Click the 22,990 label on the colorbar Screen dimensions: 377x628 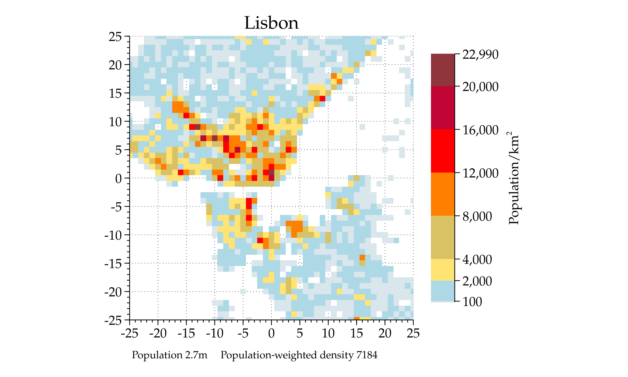[x=480, y=54]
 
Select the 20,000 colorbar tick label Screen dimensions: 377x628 [x=480, y=87]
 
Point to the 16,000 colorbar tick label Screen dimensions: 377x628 [x=480, y=130]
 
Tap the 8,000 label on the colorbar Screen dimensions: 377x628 [x=477, y=217]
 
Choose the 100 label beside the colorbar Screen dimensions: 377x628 [x=472, y=302]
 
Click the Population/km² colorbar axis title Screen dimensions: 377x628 [x=514, y=178]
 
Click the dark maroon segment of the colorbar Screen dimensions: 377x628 [x=442, y=70]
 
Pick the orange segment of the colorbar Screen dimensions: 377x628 [x=442, y=194]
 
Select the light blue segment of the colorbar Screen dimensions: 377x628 [x=442, y=291]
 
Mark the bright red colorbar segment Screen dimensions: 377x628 [x=442, y=151]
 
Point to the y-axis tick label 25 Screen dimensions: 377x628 [x=115, y=37]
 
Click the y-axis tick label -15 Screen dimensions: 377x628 [x=113, y=263]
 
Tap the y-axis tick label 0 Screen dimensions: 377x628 [x=118, y=179]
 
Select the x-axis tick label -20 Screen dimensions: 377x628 [x=158, y=333]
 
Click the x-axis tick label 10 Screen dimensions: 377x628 [x=328, y=333]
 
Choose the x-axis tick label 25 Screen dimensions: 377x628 [x=413, y=333]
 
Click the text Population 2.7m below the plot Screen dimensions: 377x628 [x=169, y=355]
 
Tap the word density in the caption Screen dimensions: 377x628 [x=337, y=355]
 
